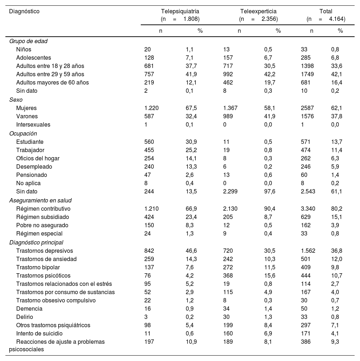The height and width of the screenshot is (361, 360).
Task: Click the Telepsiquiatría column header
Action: pos(180,12)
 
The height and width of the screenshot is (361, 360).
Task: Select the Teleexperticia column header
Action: pos(258,12)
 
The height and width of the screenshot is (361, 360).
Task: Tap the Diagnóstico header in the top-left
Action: pos(24,12)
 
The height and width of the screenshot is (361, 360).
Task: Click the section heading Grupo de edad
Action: pos(28,41)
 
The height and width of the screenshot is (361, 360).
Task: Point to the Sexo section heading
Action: pos(16,100)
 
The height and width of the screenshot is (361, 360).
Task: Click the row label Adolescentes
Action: pos(33,58)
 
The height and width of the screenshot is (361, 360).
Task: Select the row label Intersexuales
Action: pos(33,125)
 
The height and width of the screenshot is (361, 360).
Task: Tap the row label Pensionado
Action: pos(32,175)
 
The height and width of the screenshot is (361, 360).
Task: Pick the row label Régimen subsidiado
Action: pos(42,217)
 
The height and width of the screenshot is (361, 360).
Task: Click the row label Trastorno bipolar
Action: pos(38,268)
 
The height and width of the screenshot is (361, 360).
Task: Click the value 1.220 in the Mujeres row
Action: pos(151,108)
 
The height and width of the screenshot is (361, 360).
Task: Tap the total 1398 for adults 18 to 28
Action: pos(307,66)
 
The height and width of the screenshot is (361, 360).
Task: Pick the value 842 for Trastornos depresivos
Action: pos(149,251)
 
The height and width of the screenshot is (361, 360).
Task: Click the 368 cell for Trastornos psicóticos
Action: pos(228,276)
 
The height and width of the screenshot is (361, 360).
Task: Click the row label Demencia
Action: pos(29,309)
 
